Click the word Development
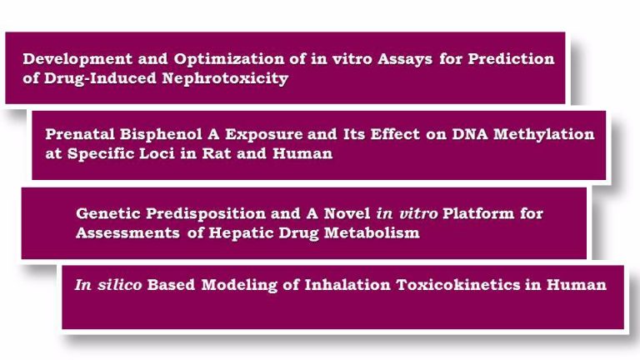tap(77, 60)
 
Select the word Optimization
tap(229, 60)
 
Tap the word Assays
tap(405, 60)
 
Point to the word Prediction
tap(511, 59)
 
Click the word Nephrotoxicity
tap(225, 79)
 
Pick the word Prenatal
tap(80, 134)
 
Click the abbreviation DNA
tap(470, 134)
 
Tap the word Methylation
tap(543, 135)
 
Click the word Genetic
tap(108, 213)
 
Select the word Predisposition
tap(206, 214)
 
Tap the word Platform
tap(478, 213)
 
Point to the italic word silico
tap(120, 285)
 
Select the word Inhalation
tap(347, 285)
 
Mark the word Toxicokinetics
tap(458, 285)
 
